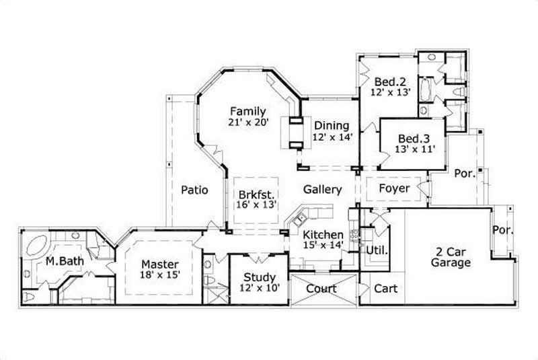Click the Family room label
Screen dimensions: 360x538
(x=248, y=111)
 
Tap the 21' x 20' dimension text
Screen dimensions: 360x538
(x=248, y=122)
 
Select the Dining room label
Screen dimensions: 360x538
(x=332, y=125)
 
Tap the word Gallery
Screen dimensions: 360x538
(x=322, y=190)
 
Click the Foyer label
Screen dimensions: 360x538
(x=393, y=188)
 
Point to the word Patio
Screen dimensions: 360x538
(x=194, y=190)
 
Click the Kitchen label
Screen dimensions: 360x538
(x=322, y=235)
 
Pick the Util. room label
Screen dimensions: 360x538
(x=374, y=250)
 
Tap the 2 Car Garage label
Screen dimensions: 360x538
(x=451, y=257)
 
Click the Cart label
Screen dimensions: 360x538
(x=385, y=289)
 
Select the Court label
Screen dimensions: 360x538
(x=321, y=289)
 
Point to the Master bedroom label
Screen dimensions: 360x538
(x=159, y=264)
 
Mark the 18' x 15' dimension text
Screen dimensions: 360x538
(x=159, y=275)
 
